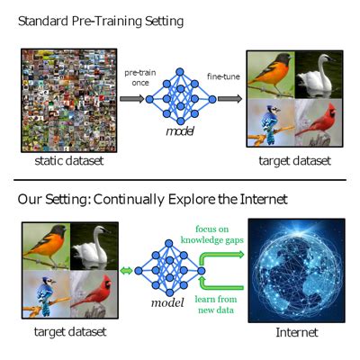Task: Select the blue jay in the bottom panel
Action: point(42,297)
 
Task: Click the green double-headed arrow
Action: point(127,270)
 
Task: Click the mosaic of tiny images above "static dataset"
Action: point(61,99)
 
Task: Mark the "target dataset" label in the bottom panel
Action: point(62,332)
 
